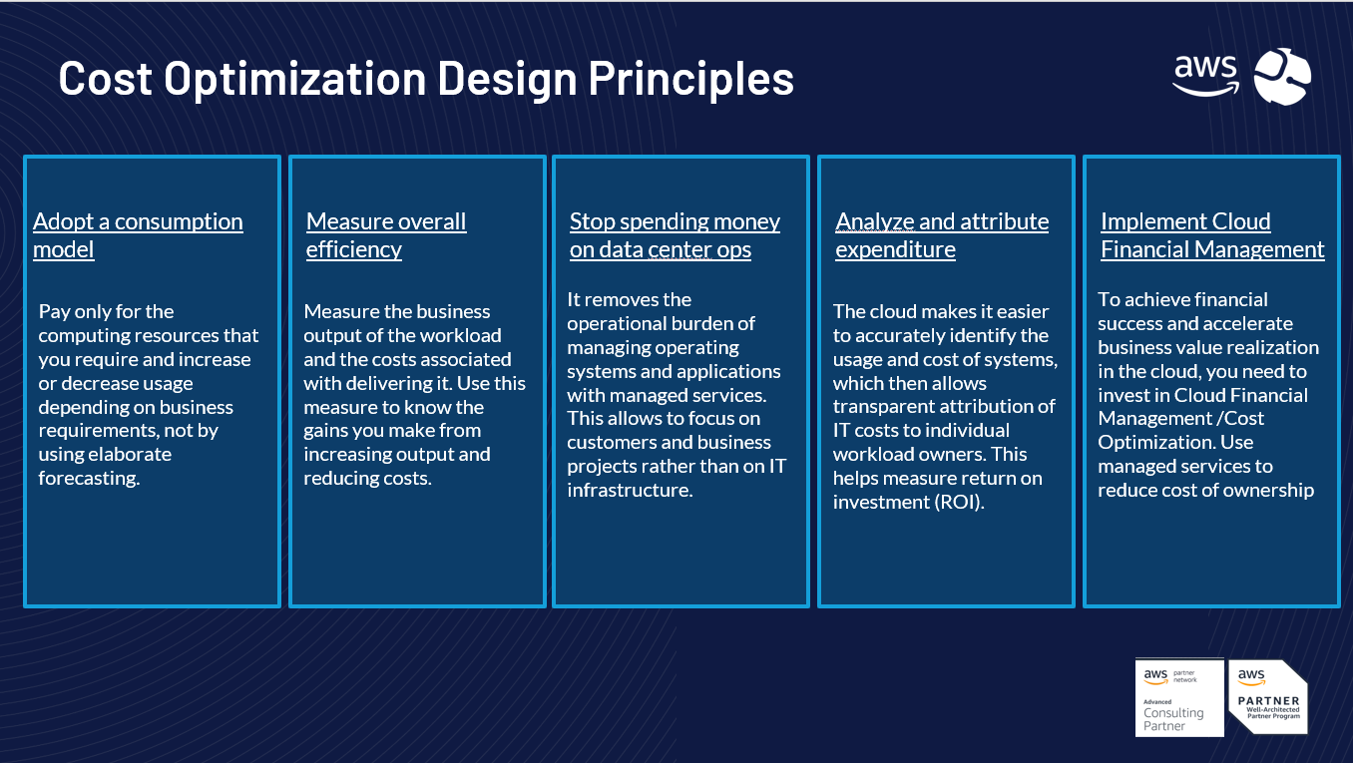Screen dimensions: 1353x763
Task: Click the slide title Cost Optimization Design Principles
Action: [426, 79]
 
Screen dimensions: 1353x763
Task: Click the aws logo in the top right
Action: [1205, 76]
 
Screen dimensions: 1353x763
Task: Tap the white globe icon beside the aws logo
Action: [1282, 77]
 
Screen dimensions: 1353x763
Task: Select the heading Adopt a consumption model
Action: [138, 235]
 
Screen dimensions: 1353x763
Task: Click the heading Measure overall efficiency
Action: [386, 235]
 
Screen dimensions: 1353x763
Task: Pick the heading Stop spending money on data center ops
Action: [675, 235]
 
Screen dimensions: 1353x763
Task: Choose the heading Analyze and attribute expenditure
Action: [942, 235]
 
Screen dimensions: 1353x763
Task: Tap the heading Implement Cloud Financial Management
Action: [1212, 235]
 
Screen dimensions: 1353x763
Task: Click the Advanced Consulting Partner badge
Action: [1179, 697]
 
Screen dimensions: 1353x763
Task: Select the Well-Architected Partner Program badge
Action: [1268, 697]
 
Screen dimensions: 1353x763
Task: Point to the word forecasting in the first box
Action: [89, 478]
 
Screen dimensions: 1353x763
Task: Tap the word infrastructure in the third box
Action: [630, 490]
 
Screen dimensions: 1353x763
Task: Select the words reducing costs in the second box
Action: [367, 478]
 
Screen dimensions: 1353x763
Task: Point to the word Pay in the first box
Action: [54, 312]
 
